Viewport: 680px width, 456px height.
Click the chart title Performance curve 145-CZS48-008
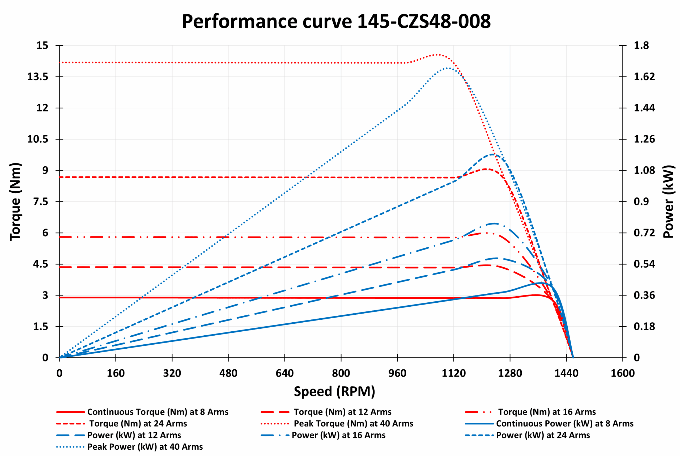pos(336,22)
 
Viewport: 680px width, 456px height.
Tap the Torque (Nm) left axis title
pos(15,201)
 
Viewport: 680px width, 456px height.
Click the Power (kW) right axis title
pos(668,201)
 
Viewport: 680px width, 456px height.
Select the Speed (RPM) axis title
pos(334,391)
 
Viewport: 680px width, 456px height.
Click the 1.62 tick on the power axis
pos(644,77)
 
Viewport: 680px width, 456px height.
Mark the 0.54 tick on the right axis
pos(644,264)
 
